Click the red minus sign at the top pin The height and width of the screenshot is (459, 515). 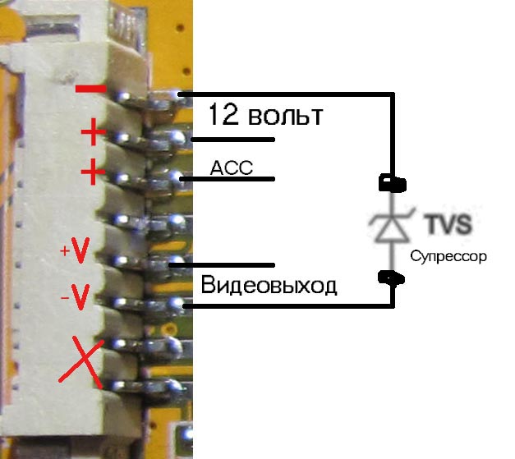point(90,88)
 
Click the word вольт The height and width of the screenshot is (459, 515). point(283,115)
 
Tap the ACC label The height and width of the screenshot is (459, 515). point(231,168)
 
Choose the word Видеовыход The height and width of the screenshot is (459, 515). point(269,286)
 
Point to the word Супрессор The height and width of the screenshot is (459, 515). point(448,256)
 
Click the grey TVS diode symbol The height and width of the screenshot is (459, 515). point(390,226)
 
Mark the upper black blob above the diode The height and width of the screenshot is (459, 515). point(389,181)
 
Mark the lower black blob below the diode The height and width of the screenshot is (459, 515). point(389,278)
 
